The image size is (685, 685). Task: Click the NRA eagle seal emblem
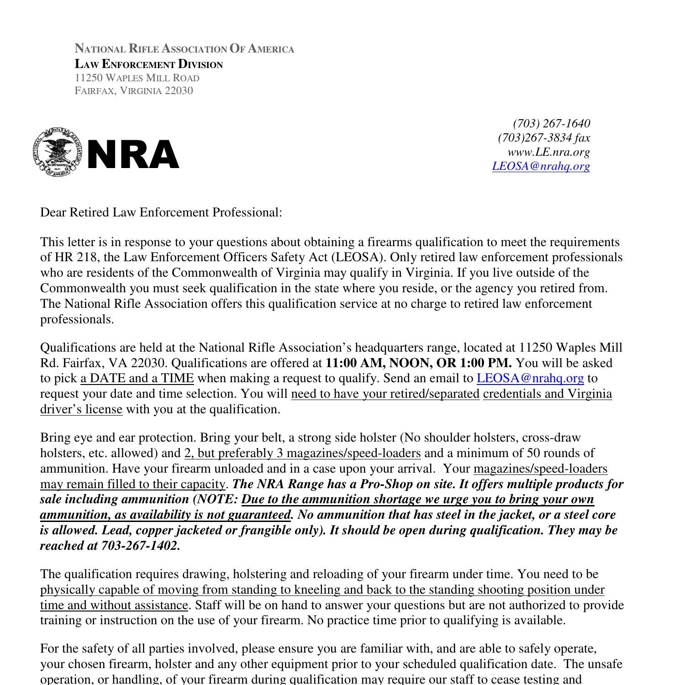[58, 152]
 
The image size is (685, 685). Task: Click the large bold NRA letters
[132, 155]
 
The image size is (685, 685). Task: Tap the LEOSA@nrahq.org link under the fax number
[541, 166]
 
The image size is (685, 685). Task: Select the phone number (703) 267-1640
[551, 124]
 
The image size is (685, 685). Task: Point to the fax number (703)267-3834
[535, 138]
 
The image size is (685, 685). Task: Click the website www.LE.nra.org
[548, 152]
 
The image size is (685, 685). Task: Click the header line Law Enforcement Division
[149, 64]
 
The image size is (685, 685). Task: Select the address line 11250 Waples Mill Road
[137, 78]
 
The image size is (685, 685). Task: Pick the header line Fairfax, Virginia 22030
[134, 90]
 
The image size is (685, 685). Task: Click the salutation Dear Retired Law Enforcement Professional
[161, 212]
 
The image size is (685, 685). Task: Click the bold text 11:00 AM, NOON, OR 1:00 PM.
[418, 363]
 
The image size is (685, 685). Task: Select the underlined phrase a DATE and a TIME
[137, 379]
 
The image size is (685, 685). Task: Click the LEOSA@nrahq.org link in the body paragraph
[530, 379]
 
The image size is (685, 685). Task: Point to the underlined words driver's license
[81, 410]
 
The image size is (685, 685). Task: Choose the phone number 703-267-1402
[140, 546]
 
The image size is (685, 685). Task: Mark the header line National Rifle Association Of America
[184, 49]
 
